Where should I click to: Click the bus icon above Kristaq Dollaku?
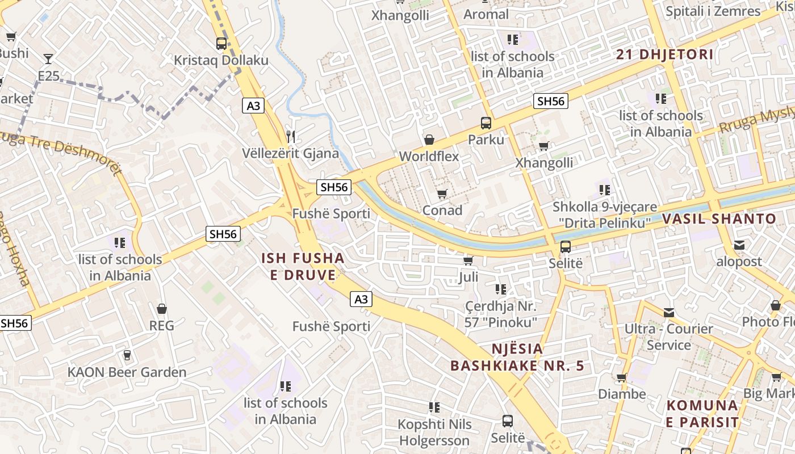pyautogui.click(x=221, y=43)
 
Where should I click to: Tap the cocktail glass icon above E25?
pyautogui.click(x=48, y=58)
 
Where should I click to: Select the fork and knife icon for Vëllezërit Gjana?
pyautogui.click(x=291, y=136)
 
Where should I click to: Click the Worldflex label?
pyautogui.click(x=429, y=156)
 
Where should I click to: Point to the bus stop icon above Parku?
pyautogui.click(x=486, y=123)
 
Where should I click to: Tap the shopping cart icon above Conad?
pyautogui.click(x=442, y=194)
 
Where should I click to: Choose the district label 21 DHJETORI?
pyautogui.click(x=665, y=54)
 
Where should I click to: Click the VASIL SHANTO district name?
pyautogui.click(x=719, y=218)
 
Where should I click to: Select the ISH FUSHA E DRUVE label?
pyautogui.click(x=303, y=267)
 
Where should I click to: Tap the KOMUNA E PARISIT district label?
pyautogui.click(x=702, y=414)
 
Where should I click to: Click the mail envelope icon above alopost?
pyautogui.click(x=739, y=245)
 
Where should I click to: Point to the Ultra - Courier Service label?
pyautogui.click(x=668, y=337)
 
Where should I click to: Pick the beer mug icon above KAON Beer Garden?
pyautogui.click(x=127, y=355)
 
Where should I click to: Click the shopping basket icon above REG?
pyautogui.click(x=162, y=309)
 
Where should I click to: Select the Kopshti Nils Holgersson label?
pyautogui.click(x=434, y=432)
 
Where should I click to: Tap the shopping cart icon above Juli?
pyautogui.click(x=468, y=260)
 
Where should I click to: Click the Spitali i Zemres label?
pyautogui.click(x=713, y=11)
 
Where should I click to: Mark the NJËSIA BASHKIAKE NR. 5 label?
pyautogui.click(x=517, y=357)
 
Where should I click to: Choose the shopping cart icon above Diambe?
pyautogui.click(x=622, y=377)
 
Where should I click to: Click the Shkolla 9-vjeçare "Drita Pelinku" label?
pyautogui.click(x=605, y=215)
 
